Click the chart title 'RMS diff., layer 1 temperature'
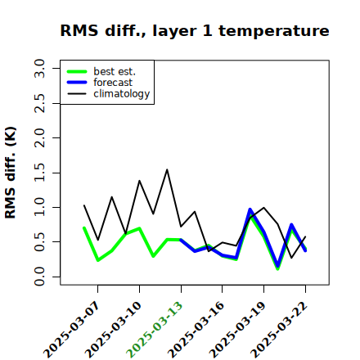[195, 31]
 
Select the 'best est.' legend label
[115, 71]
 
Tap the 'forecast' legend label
[113, 83]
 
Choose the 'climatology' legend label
[122, 94]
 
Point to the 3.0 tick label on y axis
[39, 68]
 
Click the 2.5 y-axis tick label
[39, 103]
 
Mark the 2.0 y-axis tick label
[39, 137]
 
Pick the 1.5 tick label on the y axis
[39, 173]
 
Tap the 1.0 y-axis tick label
[39, 207]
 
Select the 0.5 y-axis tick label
[39, 242]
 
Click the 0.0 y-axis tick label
[39, 277]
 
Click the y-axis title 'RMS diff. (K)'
[11, 173]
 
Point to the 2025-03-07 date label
[72, 330]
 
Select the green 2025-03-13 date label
[155, 330]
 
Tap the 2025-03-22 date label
[279, 330]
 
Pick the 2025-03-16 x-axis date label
[196, 330]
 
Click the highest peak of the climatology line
[167, 169]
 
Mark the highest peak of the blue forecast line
[250, 209]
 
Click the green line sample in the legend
[77, 71]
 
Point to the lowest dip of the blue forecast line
[277, 266]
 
